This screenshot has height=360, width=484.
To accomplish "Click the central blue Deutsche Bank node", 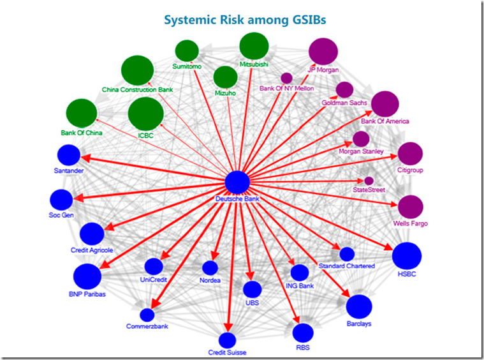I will click(238, 183).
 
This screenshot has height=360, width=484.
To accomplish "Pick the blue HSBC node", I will click(406, 256).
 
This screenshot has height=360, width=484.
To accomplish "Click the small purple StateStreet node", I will click(369, 181).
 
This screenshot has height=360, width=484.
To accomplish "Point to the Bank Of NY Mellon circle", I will click(287, 78).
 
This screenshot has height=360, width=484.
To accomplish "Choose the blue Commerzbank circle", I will click(147, 315).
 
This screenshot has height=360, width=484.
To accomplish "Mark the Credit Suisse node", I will click(227, 340).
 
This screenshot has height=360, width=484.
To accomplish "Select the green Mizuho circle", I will click(225, 77).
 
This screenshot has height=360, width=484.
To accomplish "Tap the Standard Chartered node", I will click(347, 254).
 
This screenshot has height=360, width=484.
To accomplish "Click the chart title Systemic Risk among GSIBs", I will click(246, 20).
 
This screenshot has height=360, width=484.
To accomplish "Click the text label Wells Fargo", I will click(411, 224).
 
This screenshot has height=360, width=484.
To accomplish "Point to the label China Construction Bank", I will click(137, 90).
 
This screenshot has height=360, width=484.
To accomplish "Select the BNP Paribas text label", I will click(87, 295).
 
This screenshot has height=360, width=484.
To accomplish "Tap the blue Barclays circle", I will click(359, 306).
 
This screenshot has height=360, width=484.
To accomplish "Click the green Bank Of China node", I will click(82, 113).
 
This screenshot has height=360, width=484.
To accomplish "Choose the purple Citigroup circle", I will click(410, 154).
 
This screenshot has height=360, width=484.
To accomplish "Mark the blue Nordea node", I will click(210, 268).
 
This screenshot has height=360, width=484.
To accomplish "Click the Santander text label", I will click(69, 171).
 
